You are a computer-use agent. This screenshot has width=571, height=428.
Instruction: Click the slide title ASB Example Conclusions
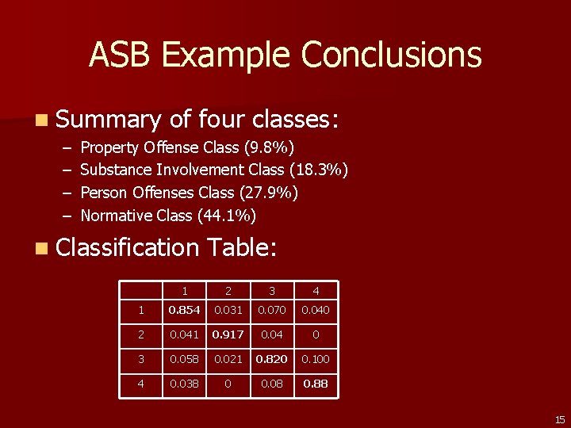(x=285, y=55)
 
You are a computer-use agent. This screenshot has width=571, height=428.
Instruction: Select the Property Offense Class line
(x=188, y=147)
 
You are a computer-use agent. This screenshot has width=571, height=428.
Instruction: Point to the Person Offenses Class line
(x=189, y=193)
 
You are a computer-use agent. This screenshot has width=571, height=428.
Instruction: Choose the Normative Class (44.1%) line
(x=168, y=216)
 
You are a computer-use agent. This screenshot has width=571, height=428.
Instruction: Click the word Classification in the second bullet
(x=128, y=248)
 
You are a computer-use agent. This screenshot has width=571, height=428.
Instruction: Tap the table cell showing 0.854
(x=185, y=310)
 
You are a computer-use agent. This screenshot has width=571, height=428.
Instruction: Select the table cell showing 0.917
(x=228, y=334)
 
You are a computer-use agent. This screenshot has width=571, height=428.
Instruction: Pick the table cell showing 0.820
(x=272, y=360)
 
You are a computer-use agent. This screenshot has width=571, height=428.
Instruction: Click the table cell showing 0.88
(x=316, y=384)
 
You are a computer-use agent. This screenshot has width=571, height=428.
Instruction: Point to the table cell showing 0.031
(x=228, y=310)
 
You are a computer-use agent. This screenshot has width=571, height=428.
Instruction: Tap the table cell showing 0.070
(x=272, y=310)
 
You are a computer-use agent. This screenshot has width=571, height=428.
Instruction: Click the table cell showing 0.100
(x=316, y=360)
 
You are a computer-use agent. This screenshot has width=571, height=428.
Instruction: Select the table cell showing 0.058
(x=185, y=360)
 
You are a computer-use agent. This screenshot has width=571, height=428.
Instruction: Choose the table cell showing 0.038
(x=185, y=384)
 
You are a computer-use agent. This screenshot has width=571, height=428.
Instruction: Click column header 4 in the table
(x=316, y=291)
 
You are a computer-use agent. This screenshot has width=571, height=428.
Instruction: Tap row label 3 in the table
(x=141, y=360)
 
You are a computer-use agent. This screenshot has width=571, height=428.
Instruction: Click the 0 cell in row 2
(x=316, y=334)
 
